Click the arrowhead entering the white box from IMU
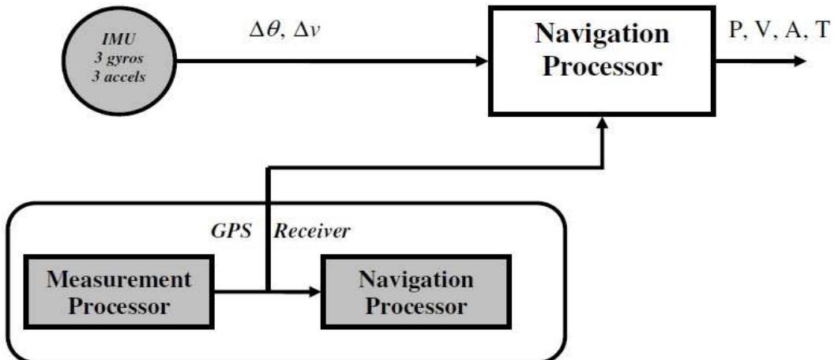point(481,61)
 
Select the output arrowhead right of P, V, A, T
point(801,62)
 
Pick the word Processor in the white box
point(605,67)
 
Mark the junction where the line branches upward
point(269,291)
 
